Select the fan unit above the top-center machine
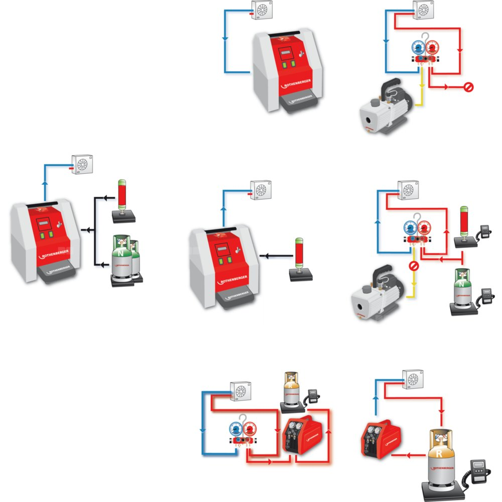point(262,10)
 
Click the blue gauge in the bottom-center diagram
point(235,428)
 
